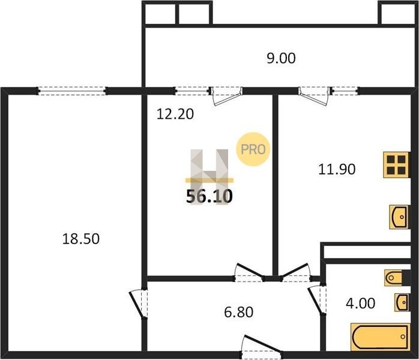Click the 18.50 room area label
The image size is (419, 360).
[x=80, y=238]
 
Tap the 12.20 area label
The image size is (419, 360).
[x=175, y=114]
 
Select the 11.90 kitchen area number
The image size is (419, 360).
[x=337, y=169]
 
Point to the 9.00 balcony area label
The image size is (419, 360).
[x=281, y=58]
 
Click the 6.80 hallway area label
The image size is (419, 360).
[x=239, y=312]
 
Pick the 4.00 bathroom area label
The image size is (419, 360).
[x=361, y=303]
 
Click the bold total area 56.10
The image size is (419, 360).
[x=209, y=196]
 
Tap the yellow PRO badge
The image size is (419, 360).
[x=253, y=149]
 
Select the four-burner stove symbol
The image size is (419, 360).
[x=396, y=165]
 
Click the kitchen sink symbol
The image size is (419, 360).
[x=399, y=217]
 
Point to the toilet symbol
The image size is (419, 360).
[x=397, y=278]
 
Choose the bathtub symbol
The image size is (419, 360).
[x=380, y=337]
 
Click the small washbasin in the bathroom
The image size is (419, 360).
[x=402, y=302]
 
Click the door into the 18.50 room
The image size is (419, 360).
[x=139, y=304]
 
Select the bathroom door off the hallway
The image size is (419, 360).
[x=317, y=300]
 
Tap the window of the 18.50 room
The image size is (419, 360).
[x=71, y=91]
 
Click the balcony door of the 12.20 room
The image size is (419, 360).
[x=226, y=95]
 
